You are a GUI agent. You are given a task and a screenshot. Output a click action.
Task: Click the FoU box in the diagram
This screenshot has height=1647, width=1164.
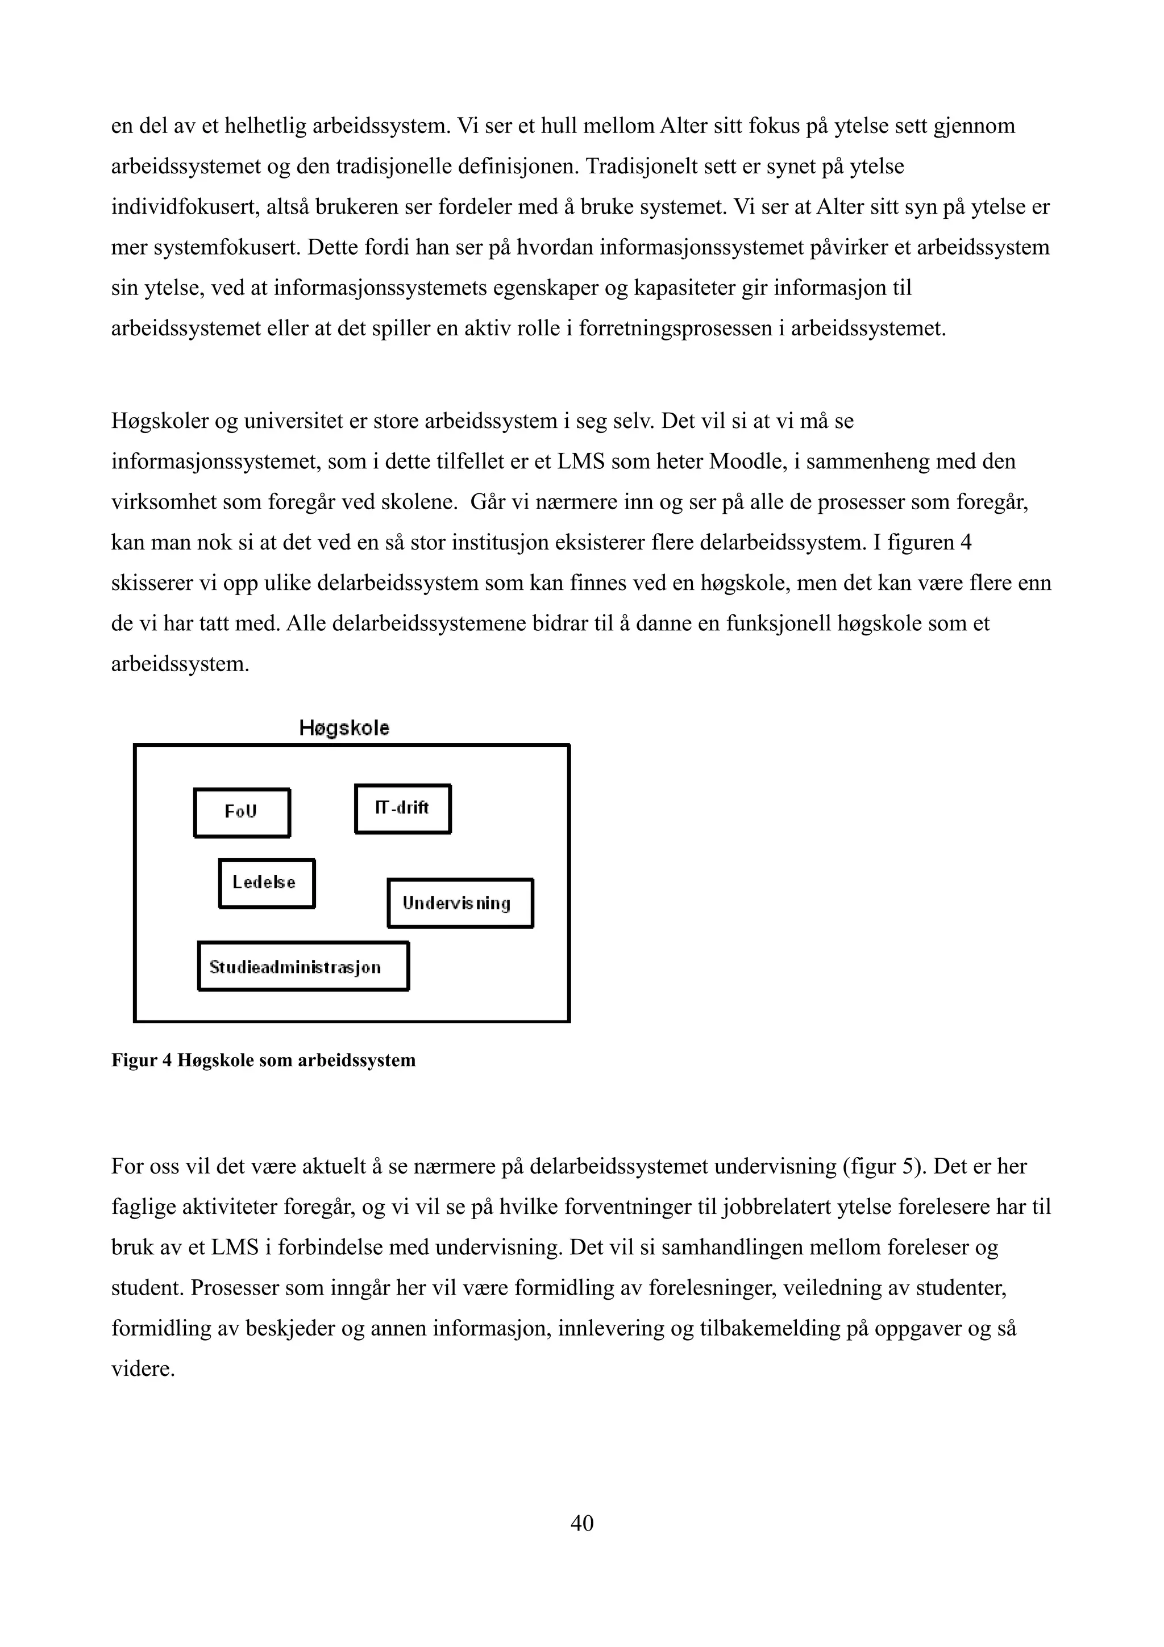click(x=242, y=812)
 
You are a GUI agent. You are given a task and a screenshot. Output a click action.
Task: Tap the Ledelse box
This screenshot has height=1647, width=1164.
click(x=266, y=883)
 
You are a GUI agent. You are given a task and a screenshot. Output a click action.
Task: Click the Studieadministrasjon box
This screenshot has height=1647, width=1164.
click(x=303, y=966)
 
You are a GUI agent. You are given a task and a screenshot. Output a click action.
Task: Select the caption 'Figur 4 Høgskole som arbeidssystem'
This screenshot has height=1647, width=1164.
click(x=263, y=1060)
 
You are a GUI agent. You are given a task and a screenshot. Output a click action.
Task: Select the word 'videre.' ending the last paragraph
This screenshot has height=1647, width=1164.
click(x=143, y=1370)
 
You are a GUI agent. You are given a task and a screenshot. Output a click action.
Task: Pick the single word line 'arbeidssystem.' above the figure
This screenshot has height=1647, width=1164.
click(x=180, y=664)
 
